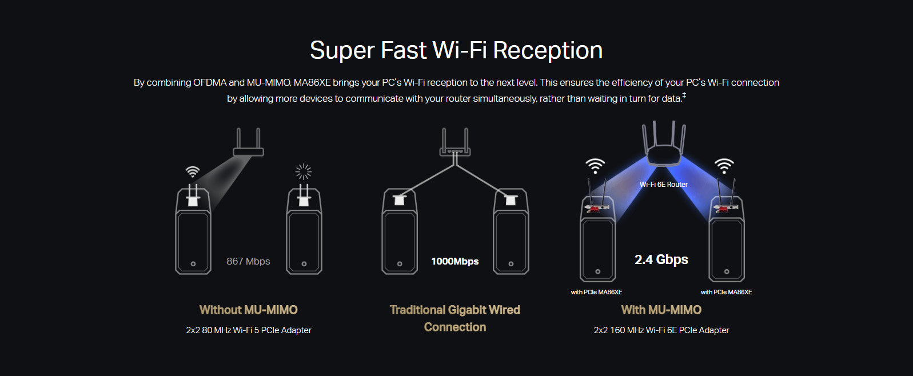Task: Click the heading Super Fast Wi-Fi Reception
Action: tap(456, 50)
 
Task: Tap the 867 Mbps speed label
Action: tap(248, 261)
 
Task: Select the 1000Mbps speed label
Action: tap(454, 261)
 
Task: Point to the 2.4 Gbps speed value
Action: tap(661, 259)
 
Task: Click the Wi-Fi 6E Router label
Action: tap(663, 185)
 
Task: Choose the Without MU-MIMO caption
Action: tap(248, 310)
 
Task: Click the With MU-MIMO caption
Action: tap(661, 310)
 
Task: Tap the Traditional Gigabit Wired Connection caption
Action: tap(454, 318)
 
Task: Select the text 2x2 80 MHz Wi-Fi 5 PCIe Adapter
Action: tap(248, 330)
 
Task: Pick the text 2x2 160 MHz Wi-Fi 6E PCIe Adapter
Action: tap(661, 330)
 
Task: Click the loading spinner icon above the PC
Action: tap(304, 171)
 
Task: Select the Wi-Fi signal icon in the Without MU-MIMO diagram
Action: tap(193, 171)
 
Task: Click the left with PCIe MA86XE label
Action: tap(596, 292)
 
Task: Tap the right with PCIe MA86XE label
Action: tap(726, 292)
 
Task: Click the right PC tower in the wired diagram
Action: tap(511, 234)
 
